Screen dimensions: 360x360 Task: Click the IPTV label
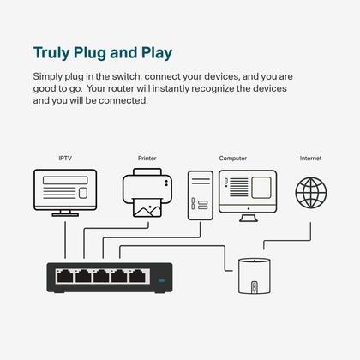(x=64, y=159)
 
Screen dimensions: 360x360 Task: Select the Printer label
(x=147, y=159)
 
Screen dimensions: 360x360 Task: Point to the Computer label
(x=232, y=159)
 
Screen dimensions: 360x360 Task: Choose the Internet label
(x=311, y=159)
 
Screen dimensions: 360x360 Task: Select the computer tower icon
(x=200, y=195)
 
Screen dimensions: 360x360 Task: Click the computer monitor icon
(x=248, y=189)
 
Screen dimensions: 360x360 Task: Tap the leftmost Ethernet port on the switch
(x=63, y=277)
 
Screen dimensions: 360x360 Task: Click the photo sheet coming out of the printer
(x=146, y=207)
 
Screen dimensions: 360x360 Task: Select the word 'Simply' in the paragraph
(x=48, y=77)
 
